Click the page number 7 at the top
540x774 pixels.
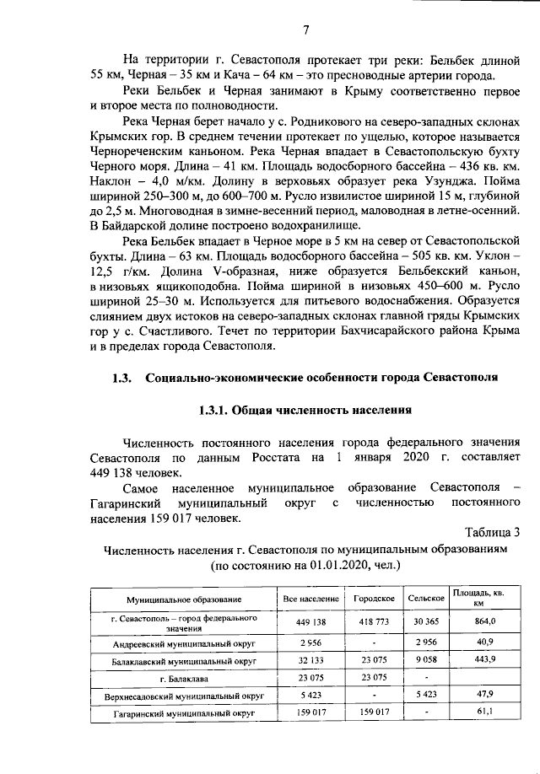[x=306, y=30]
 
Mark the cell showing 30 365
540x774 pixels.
[x=426, y=621]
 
